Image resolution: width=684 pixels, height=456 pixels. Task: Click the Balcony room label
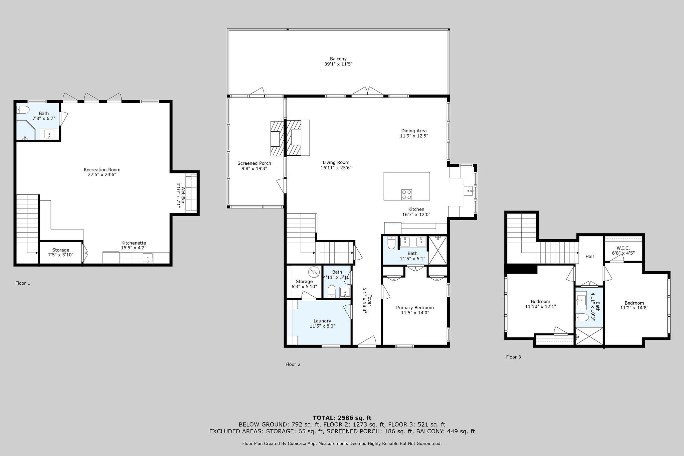338,59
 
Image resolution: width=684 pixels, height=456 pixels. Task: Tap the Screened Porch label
254,163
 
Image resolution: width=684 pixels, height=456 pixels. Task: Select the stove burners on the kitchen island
406,194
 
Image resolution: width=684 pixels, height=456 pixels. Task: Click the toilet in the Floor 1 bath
23,110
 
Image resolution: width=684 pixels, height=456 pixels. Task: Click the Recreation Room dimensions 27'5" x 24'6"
102,174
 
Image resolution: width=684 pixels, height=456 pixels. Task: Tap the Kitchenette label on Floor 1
134,243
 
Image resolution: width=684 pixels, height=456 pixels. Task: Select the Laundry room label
322,321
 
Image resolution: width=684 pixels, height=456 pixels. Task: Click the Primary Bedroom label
415,308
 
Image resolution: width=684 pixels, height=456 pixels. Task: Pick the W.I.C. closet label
623,248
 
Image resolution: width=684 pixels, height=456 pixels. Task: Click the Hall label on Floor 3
589,257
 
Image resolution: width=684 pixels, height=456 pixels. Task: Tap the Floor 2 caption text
293,364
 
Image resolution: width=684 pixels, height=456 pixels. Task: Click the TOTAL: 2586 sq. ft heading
342,418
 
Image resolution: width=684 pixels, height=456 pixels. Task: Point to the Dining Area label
414,131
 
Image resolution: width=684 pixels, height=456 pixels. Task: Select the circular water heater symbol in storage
314,272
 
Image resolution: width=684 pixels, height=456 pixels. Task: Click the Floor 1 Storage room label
61,250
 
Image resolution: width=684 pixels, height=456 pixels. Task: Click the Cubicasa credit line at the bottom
342,444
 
